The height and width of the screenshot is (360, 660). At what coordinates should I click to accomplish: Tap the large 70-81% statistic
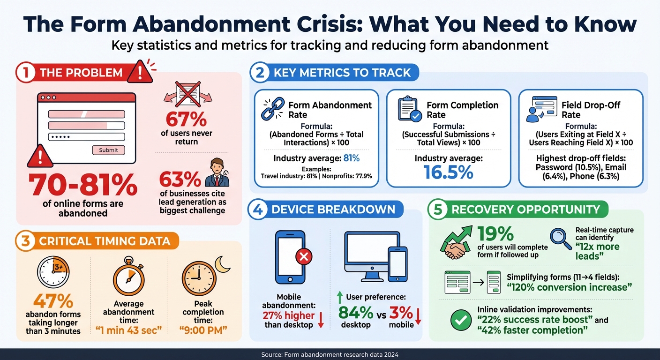point(83,185)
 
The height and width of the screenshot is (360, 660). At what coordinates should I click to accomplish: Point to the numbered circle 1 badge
point(25,73)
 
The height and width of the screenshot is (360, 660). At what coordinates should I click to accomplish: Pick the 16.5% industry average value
point(448,172)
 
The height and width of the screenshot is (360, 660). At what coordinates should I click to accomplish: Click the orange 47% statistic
point(53,300)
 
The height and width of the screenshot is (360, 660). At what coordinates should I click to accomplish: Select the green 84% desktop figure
point(355,313)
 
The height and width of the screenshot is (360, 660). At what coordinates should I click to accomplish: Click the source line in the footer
point(330,355)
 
